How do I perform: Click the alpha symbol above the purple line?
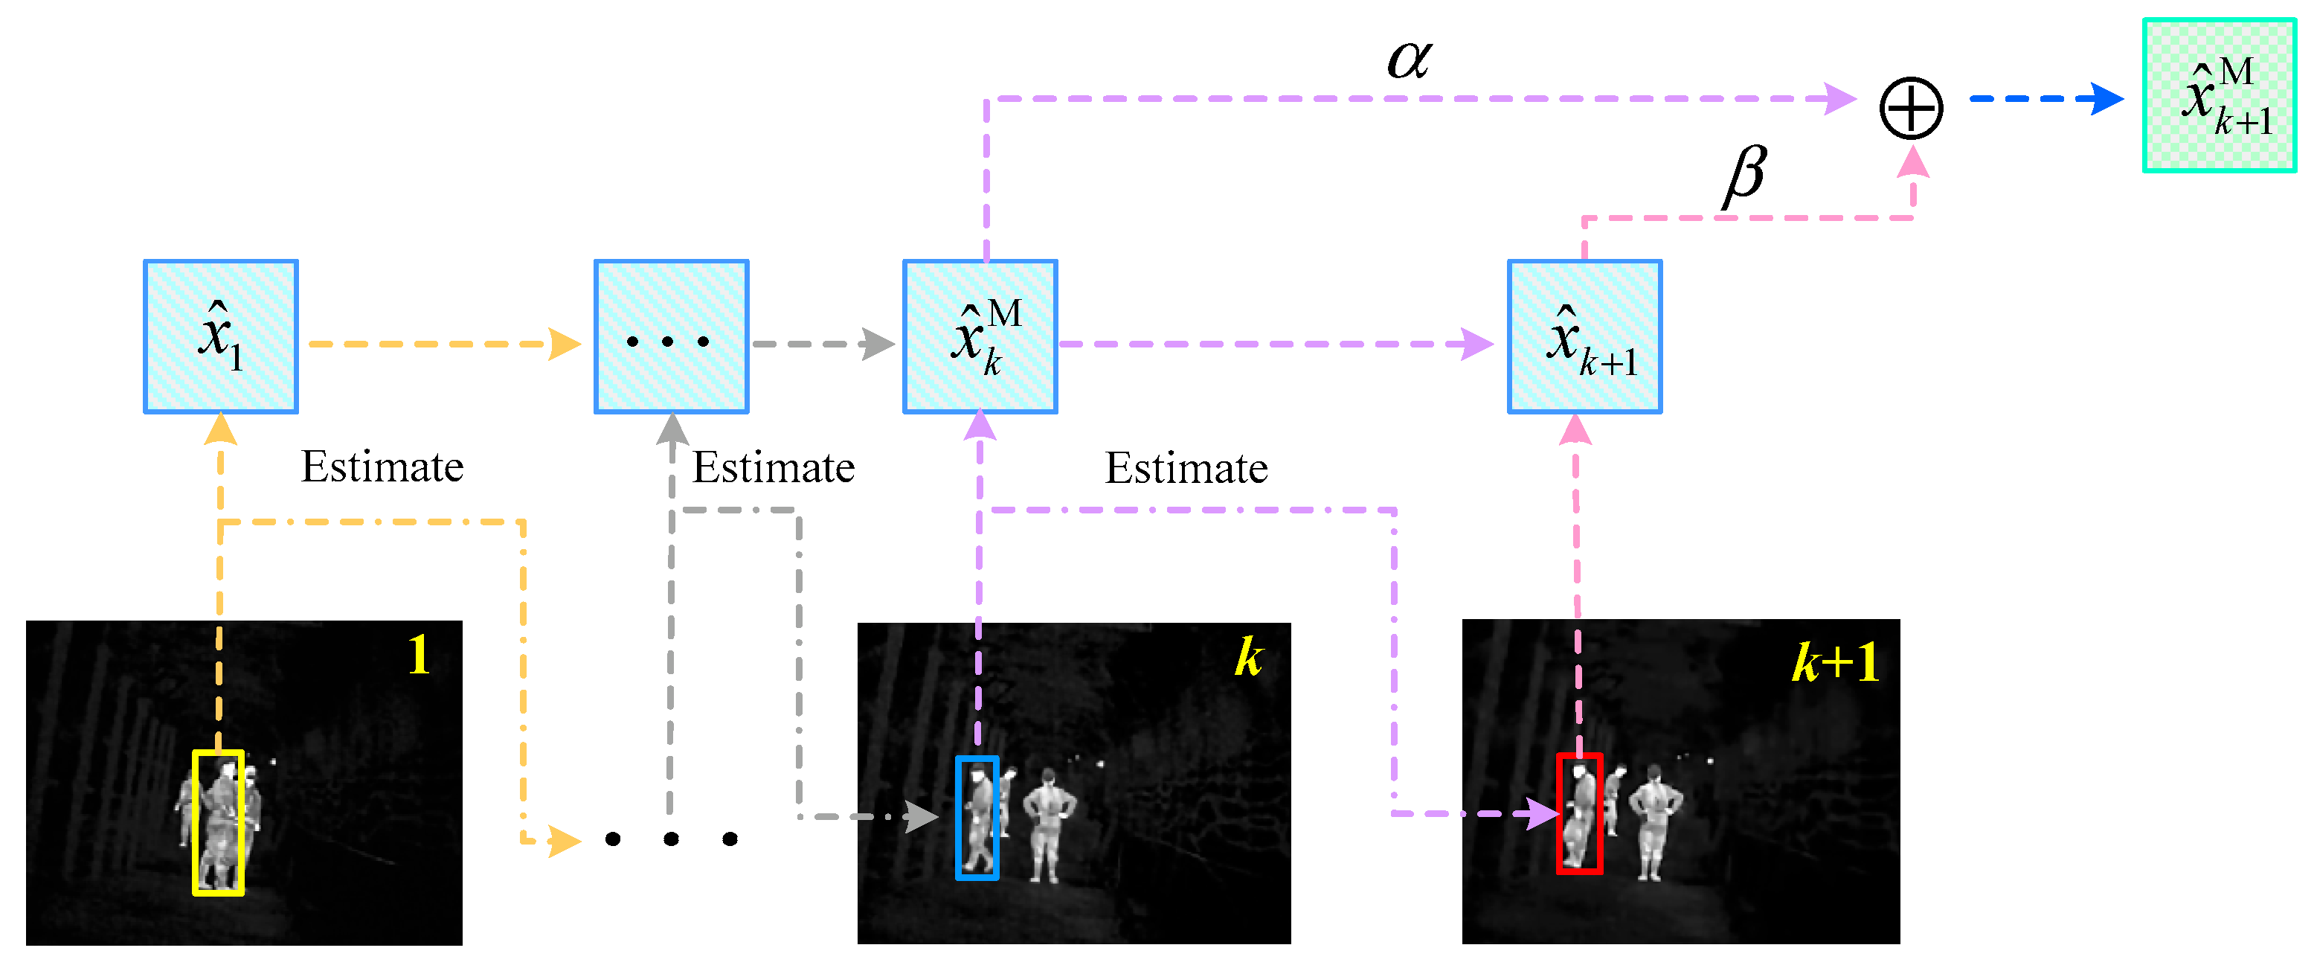(x=1409, y=60)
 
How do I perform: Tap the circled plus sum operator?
(x=1911, y=108)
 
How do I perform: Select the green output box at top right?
(x=2218, y=95)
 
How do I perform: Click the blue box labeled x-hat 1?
(x=221, y=336)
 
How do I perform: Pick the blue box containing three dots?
(x=671, y=336)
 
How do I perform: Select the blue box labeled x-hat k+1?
(x=1584, y=336)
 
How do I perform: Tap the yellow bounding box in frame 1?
(x=218, y=822)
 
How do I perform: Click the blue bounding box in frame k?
(x=977, y=817)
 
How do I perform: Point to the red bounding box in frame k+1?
(x=1579, y=813)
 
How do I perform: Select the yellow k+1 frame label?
(x=1834, y=663)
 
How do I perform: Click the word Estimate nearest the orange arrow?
(x=382, y=467)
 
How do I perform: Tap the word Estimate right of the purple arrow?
(x=1186, y=468)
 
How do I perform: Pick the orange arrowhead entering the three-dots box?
(x=564, y=344)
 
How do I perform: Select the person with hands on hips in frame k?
(x=1047, y=822)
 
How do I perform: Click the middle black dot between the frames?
(x=671, y=839)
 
